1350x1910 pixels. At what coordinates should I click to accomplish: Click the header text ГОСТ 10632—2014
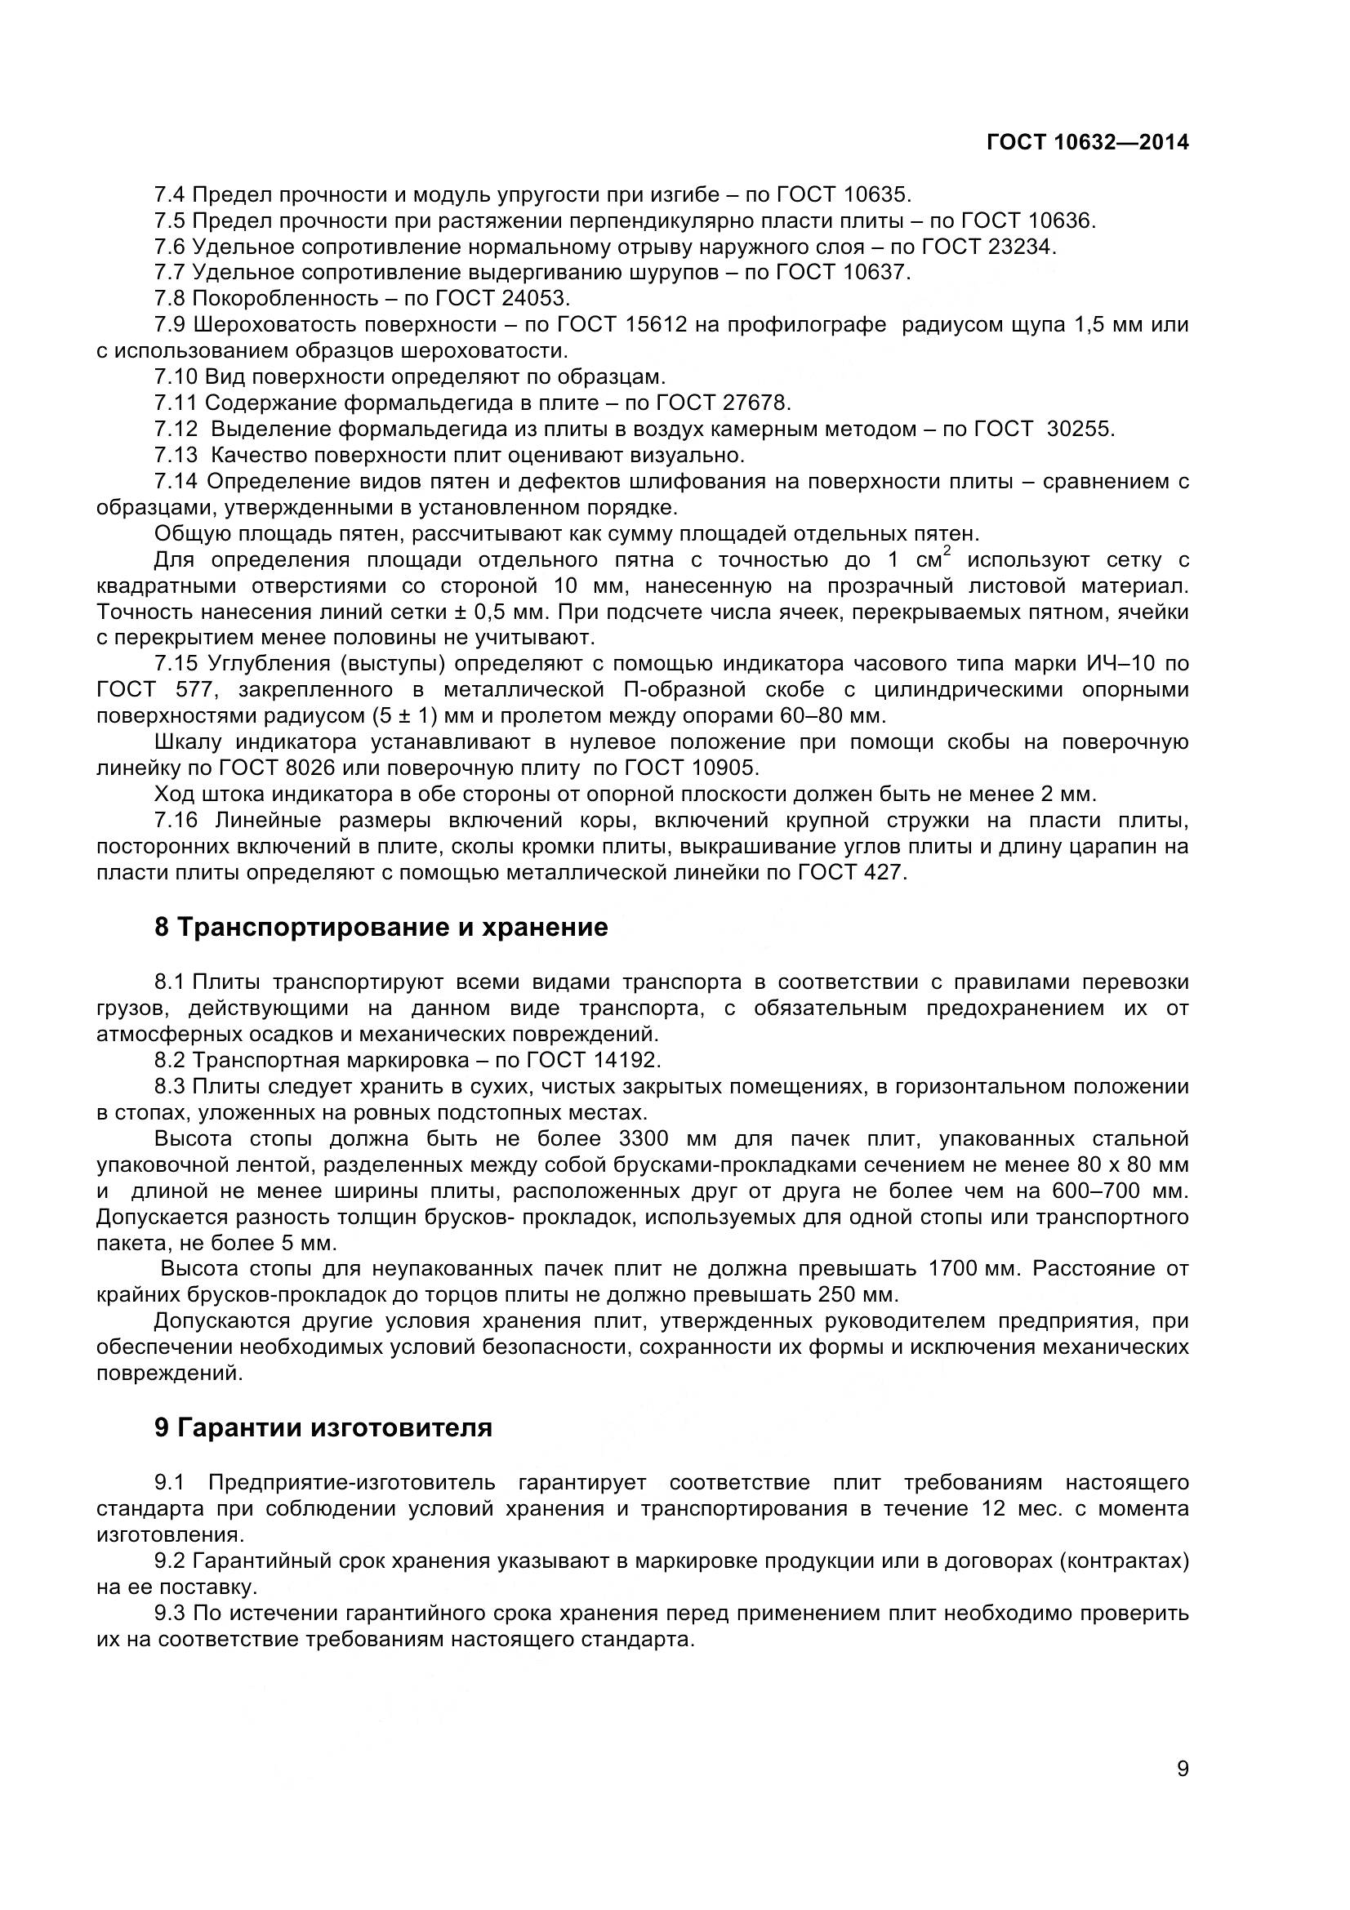tap(1087, 142)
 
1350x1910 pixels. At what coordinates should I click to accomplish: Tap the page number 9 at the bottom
tap(1183, 1792)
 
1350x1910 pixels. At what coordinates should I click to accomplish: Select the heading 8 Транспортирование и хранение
tap(381, 928)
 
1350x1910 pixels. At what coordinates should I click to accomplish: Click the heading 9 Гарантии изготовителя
tap(323, 1428)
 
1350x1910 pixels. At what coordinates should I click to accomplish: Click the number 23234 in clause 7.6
tap(1023, 247)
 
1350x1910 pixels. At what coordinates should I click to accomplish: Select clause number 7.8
tap(170, 298)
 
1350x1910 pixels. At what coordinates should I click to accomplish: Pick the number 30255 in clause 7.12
tap(1080, 430)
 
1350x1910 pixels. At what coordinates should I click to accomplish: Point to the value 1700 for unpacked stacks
tap(953, 1270)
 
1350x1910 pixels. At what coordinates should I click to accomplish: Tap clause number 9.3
tap(170, 1614)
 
